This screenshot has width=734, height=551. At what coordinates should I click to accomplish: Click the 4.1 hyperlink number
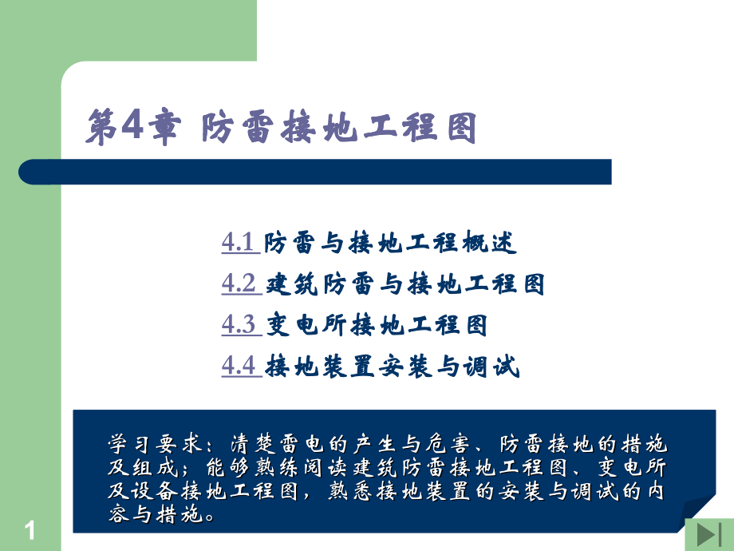tap(237, 242)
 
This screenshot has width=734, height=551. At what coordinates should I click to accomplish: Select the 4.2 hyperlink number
tap(237, 283)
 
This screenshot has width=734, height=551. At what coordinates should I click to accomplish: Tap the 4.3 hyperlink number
tap(237, 325)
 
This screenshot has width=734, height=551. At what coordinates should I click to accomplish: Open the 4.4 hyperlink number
tap(237, 367)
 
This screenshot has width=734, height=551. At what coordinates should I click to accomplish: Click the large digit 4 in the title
tap(132, 126)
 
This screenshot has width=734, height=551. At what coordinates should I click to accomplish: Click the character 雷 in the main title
tap(260, 128)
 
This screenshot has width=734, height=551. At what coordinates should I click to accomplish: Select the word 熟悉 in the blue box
tap(345, 493)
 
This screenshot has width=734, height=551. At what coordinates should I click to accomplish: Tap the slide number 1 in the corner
tap(31, 529)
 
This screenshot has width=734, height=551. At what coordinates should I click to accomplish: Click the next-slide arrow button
tap(708, 535)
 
